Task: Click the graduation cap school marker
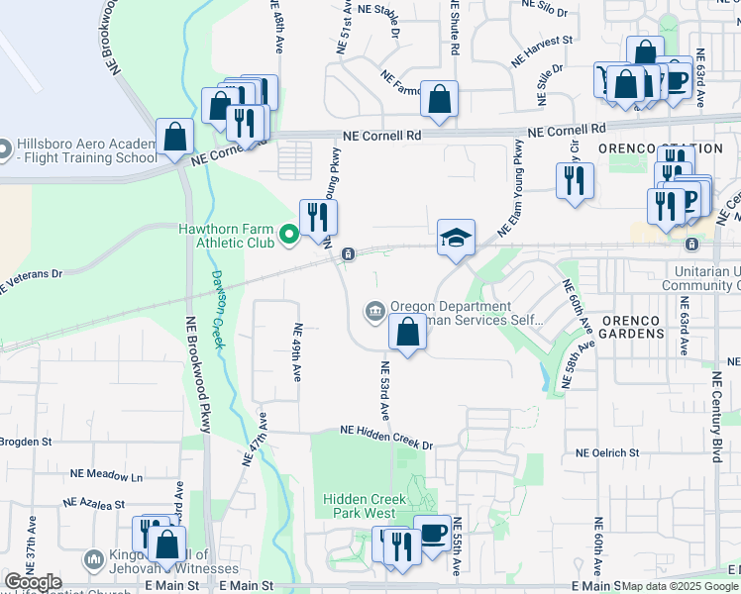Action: [456, 238]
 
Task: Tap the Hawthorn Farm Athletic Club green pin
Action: [289, 235]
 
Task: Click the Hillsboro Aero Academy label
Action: [85, 150]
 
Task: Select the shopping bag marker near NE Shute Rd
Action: [439, 99]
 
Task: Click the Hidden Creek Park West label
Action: [359, 507]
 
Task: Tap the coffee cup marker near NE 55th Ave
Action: [432, 533]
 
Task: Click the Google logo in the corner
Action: [33, 582]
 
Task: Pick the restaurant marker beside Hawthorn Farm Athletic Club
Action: [318, 217]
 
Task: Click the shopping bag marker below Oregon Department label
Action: [407, 333]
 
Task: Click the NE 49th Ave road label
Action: [295, 351]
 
